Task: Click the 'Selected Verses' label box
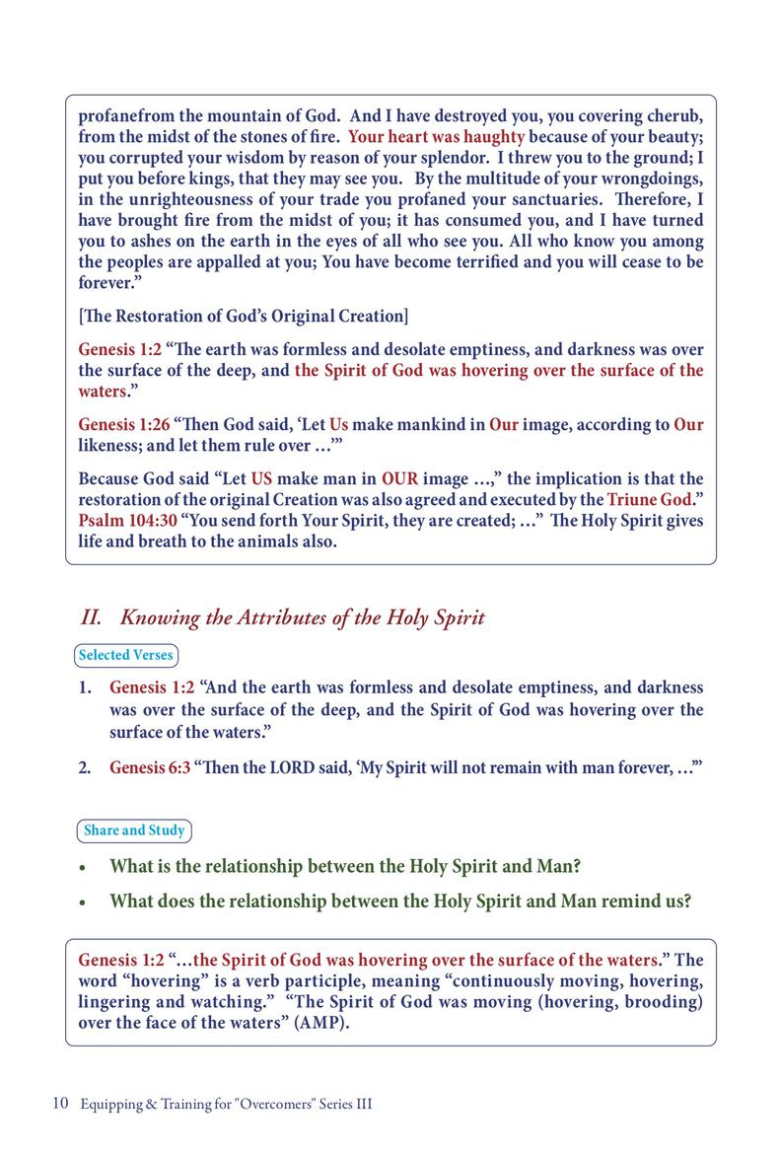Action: point(126,655)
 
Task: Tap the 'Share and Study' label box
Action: point(134,830)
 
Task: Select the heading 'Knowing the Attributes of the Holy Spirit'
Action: point(302,618)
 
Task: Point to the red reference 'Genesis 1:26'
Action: point(123,425)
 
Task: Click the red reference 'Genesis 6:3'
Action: point(150,767)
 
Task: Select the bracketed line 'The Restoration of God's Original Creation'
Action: point(243,317)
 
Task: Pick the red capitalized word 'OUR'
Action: point(400,478)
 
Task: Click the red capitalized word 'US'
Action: point(260,478)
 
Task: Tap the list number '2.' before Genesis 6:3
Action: point(87,767)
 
